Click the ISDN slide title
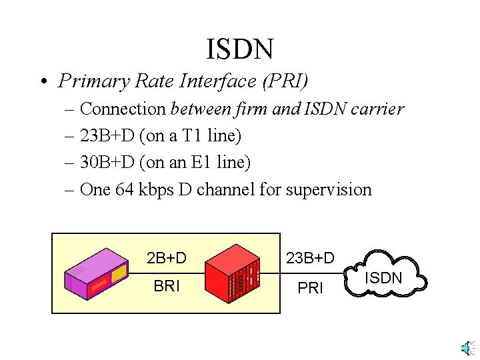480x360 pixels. click(240, 49)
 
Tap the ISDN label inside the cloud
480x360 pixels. click(384, 278)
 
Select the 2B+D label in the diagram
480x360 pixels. click(166, 258)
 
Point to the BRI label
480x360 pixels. click(166, 288)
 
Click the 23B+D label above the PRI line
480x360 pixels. click(310, 258)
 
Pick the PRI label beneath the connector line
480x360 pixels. click(310, 288)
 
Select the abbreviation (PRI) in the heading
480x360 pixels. click(286, 81)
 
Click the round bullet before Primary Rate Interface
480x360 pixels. click(42, 82)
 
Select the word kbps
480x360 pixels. click(157, 190)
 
